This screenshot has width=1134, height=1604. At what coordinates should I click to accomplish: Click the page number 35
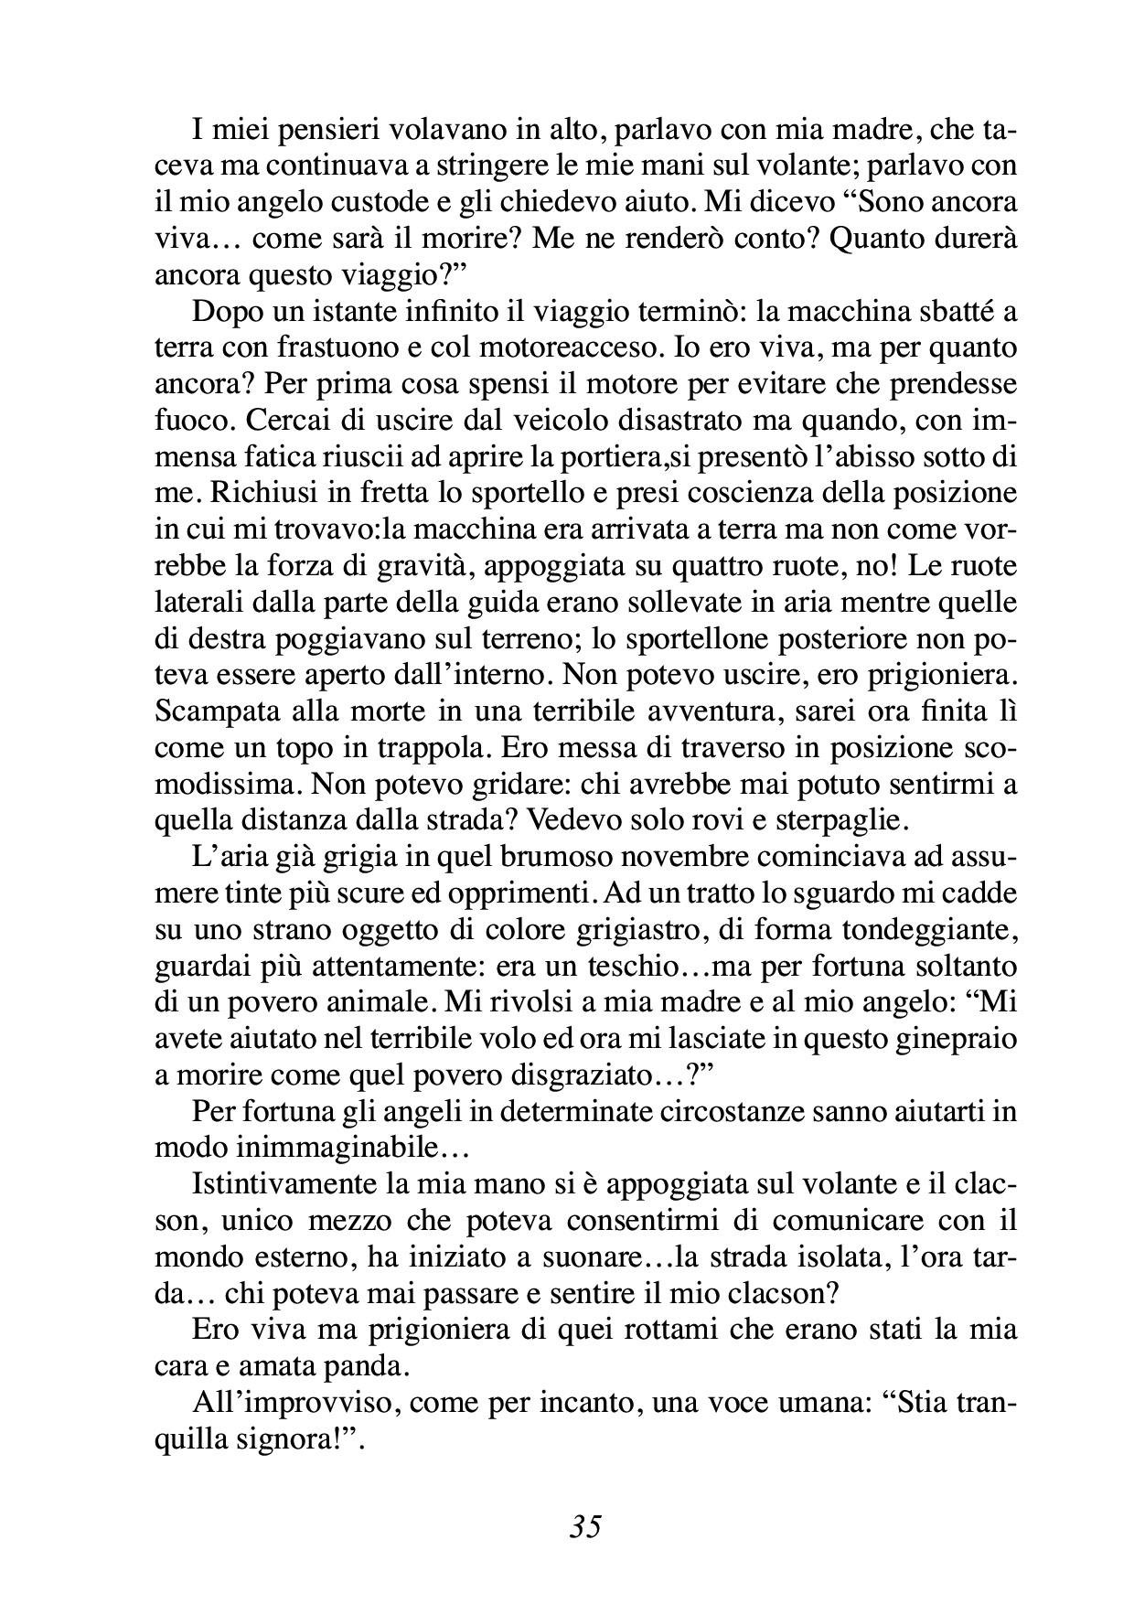584,1525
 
